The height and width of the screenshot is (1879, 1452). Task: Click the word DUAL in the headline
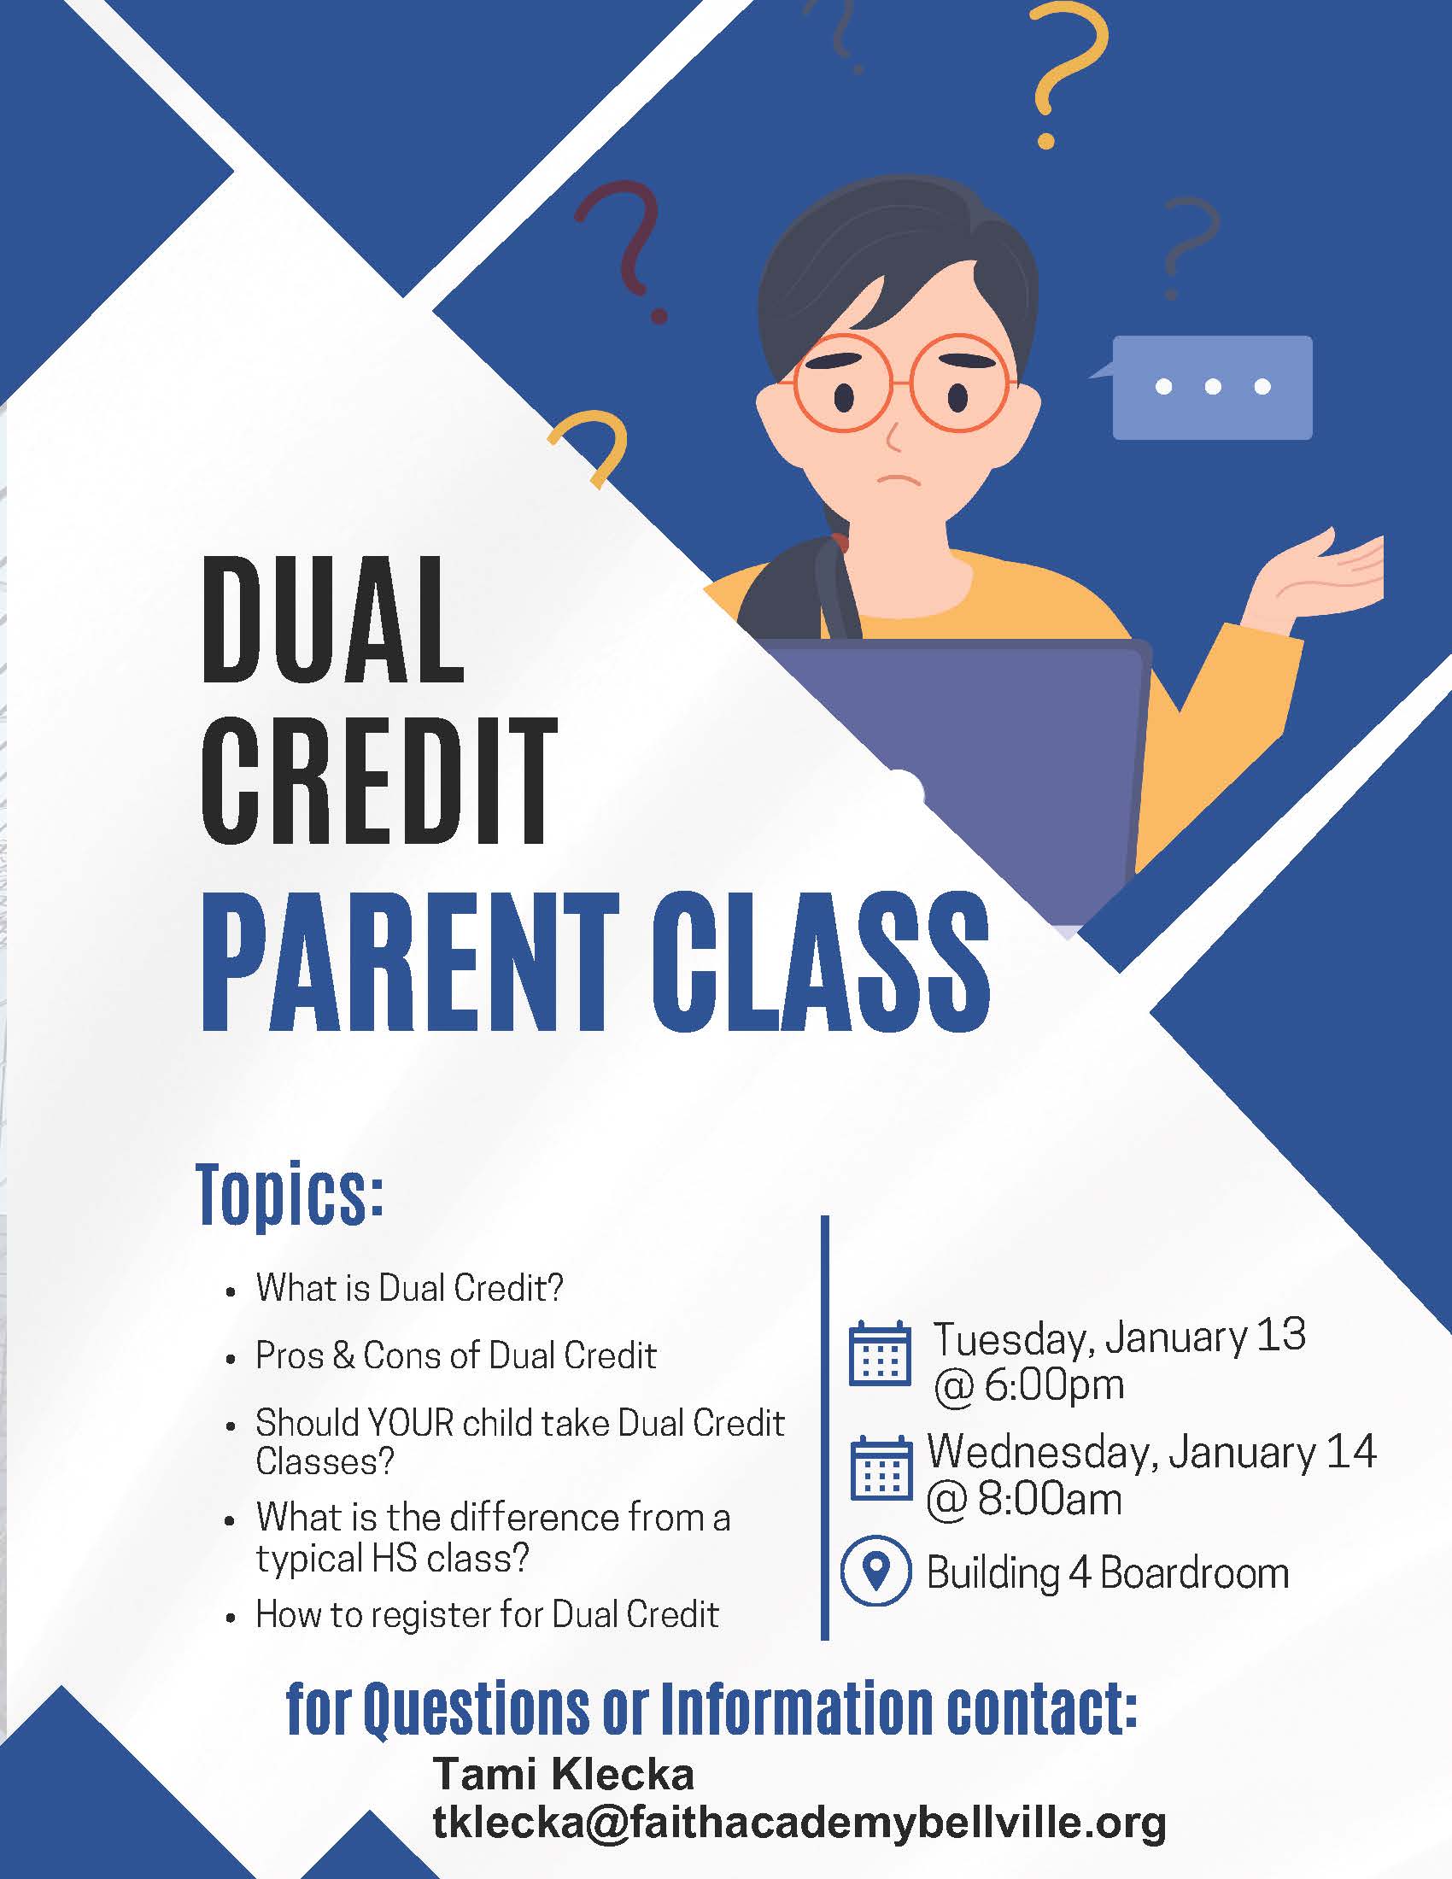tap(332, 620)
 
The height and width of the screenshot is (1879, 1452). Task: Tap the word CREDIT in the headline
tap(379, 780)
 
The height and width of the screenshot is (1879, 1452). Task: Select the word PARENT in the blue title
tap(409, 961)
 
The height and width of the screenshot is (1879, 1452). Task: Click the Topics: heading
tap(290, 1197)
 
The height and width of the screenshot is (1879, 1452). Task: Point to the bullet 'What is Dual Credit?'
tap(409, 1288)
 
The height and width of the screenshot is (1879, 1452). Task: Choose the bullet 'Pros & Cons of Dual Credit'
tap(456, 1355)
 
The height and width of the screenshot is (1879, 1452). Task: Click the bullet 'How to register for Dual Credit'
tap(487, 1614)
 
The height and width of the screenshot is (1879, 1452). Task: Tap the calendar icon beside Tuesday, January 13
tap(880, 1355)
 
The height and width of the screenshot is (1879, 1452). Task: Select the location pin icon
tap(875, 1571)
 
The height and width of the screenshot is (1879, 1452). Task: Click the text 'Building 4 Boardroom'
tap(1108, 1573)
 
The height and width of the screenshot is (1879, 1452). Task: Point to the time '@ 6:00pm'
tap(1030, 1385)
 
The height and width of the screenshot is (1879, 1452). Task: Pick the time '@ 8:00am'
tap(1024, 1499)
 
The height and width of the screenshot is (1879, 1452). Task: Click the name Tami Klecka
tap(564, 1773)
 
